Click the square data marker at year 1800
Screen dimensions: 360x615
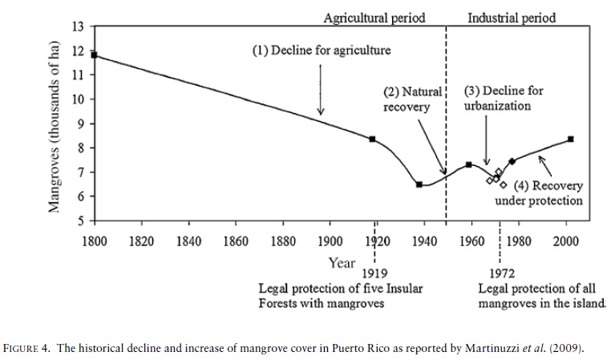point(95,55)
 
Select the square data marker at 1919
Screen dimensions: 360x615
point(373,139)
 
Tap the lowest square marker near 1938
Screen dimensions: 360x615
point(419,184)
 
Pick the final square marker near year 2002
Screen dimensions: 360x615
point(570,139)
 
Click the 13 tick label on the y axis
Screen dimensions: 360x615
point(78,26)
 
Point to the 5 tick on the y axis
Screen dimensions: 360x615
point(80,220)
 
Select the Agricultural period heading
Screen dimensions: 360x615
point(374,16)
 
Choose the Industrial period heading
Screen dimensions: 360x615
point(511,16)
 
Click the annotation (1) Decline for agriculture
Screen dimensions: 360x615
point(322,51)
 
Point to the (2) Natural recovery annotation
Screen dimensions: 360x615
point(411,99)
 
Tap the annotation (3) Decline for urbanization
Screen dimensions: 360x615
point(504,98)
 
